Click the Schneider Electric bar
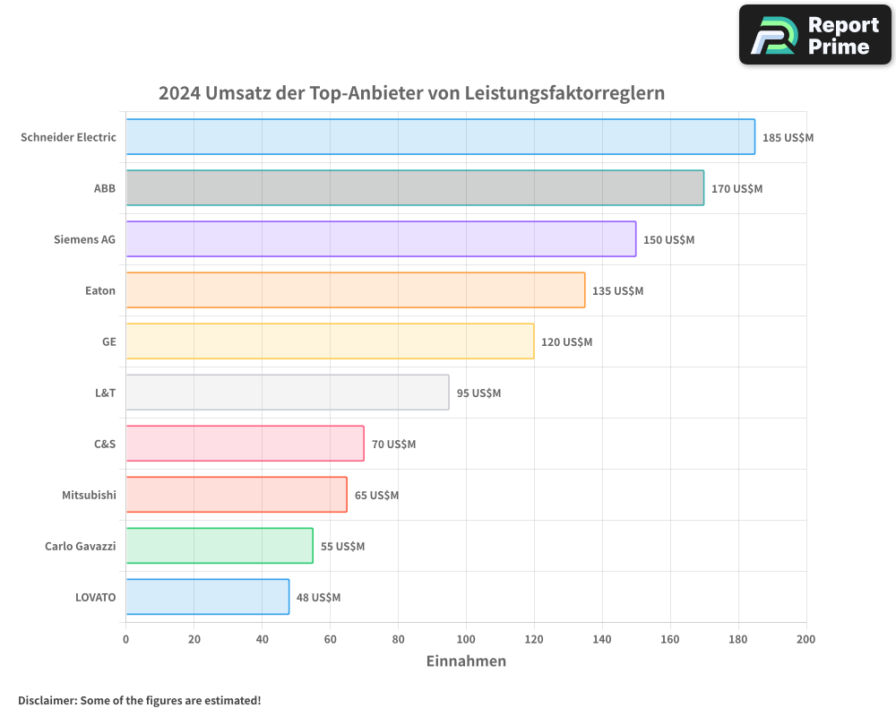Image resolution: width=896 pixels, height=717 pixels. [x=440, y=137]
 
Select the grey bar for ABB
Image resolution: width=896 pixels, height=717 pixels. [x=415, y=188]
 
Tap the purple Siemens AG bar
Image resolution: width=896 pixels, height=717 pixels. [x=381, y=239]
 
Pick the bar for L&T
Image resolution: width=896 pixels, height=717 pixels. [x=287, y=393]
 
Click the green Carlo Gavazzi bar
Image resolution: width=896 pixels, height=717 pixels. [x=220, y=546]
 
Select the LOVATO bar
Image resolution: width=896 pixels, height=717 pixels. [x=207, y=597]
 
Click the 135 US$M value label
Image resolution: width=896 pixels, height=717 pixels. [x=617, y=291]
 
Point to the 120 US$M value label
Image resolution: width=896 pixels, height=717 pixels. [x=566, y=342]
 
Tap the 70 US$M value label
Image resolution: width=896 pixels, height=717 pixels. [x=393, y=445]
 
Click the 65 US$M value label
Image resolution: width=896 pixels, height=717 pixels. [x=376, y=496]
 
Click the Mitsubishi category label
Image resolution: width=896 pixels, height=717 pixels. [x=89, y=495]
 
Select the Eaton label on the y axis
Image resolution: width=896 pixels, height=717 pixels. [x=100, y=290]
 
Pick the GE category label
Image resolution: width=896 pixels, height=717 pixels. [x=108, y=341]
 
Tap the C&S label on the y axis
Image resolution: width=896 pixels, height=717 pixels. [x=105, y=444]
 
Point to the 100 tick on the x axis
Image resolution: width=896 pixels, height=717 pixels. [x=466, y=640]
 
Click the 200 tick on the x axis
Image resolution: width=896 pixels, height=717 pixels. [x=806, y=640]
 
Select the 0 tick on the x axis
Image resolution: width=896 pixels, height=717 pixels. [x=126, y=640]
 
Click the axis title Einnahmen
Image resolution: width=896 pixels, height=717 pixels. [x=466, y=661]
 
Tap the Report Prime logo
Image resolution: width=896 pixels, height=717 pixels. [x=815, y=35]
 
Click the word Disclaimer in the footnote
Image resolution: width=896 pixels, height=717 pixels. [x=46, y=701]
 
